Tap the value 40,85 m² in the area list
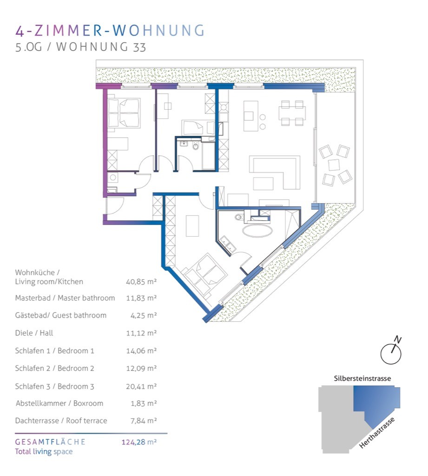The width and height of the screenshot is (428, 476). pos(141,282)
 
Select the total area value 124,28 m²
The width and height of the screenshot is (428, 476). pos(139,442)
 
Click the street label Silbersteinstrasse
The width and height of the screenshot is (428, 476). pos(362,378)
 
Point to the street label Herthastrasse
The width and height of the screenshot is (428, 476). pos(377,433)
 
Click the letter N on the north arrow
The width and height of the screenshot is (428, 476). pos(397,339)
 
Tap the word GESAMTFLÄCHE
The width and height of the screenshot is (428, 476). pos(50,442)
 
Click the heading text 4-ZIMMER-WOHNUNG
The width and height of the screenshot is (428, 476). pos(110,31)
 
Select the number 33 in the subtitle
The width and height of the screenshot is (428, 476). pos(139,47)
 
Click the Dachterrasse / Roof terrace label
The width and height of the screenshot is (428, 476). pos(61,421)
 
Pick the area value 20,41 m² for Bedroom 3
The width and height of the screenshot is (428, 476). pos(141,386)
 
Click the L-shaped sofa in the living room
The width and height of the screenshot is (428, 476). pos(275,172)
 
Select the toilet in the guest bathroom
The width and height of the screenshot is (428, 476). pos(196,146)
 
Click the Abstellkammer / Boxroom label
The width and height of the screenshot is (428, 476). pos(59,403)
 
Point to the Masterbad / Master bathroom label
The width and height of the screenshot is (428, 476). pos(65,298)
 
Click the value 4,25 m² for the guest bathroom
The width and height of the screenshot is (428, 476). pos(144,316)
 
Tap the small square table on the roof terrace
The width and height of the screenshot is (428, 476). pos(334,165)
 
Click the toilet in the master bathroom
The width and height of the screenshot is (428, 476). pos(239,217)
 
